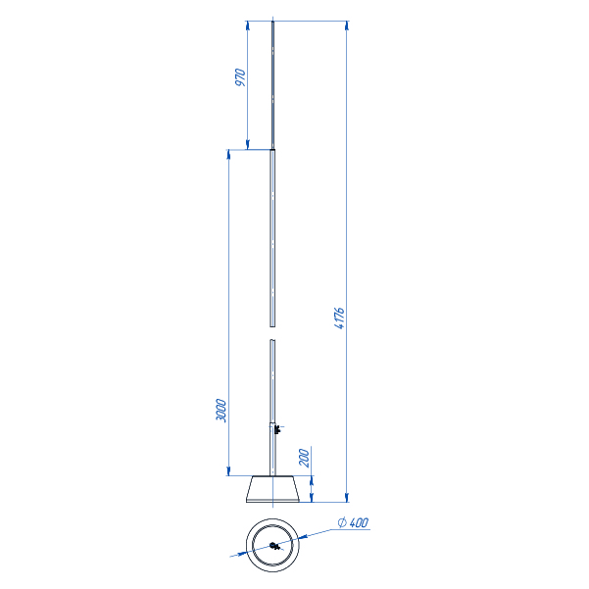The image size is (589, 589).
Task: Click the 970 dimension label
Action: tap(240, 77)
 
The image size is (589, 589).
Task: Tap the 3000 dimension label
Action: tap(221, 411)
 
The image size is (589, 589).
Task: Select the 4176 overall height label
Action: tap(339, 319)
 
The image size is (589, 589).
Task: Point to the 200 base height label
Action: tap(304, 457)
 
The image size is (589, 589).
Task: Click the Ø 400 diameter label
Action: tap(353, 522)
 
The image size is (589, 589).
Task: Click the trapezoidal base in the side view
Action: tap(272, 489)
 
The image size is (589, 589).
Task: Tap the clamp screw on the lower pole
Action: tap(277, 429)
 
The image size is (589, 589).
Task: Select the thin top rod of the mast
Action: tap(272, 85)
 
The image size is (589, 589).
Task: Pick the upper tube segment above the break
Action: tap(272, 238)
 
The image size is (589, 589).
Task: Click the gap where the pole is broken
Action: tap(272, 333)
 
